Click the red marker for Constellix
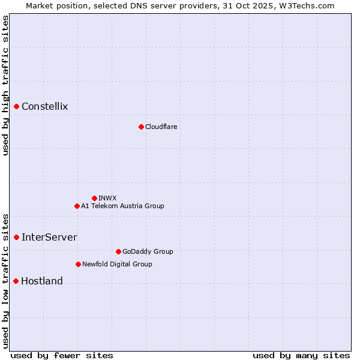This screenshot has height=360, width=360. click(17, 107)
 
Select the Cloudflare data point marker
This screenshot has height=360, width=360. click(141, 127)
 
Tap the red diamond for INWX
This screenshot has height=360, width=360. click(94, 198)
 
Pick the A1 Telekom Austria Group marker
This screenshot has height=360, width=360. click(77, 206)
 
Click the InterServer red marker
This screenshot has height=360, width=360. click(17, 237)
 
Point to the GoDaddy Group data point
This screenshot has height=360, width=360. click(118, 251)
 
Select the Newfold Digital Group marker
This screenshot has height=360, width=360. click(78, 264)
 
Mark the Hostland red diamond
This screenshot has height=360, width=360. click(16, 281)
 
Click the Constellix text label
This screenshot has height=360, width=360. click(45, 107)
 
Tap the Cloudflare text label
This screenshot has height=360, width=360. click(161, 127)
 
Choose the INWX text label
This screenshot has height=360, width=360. click(107, 198)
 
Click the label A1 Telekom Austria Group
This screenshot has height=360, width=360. click(122, 206)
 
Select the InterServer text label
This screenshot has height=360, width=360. click(49, 237)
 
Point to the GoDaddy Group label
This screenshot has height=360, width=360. click(148, 251)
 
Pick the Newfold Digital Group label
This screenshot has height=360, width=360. click(117, 264)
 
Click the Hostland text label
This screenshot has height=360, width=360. click(42, 281)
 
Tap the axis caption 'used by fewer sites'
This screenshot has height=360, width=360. click(62, 355)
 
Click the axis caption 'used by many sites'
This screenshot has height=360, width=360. click(301, 355)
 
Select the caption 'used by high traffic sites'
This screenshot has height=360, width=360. click(5, 85)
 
